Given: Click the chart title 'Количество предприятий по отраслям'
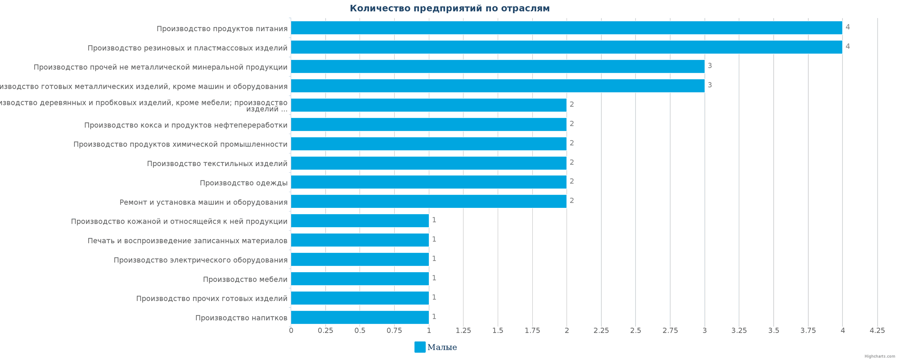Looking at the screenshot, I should (x=450, y=9).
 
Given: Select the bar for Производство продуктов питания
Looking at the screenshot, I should (x=566, y=28).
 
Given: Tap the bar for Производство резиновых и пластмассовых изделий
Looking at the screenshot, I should (x=566, y=47).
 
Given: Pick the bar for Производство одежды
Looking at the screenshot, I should (x=428, y=182).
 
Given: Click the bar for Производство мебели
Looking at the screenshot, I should (x=360, y=279).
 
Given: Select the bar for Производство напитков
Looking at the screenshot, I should (x=360, y=318).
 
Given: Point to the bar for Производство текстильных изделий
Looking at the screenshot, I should (x=428, y=163).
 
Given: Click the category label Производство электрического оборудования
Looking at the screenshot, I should (x=200, y=260).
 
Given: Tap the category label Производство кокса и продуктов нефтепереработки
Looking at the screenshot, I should (x=185, y=125).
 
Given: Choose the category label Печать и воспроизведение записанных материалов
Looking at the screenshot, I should (x=187, y=241).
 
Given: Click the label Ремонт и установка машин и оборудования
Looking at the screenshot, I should (x=203, y=202).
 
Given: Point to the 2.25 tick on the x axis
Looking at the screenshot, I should (x=601, y=331).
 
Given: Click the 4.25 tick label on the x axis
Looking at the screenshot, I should (x=877, y=331).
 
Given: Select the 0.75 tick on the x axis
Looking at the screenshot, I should (x=394, y=331).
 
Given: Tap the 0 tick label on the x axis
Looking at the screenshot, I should (x=291, y=331).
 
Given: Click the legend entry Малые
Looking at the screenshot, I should (x=442, y=347).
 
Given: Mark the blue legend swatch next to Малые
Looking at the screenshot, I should (x=420, y=347).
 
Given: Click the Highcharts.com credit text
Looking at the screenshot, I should (x=880, y=356).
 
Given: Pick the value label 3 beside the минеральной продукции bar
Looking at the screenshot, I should (x=710, y=66).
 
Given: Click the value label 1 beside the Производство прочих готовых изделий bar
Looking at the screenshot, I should (x=434, y=297).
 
